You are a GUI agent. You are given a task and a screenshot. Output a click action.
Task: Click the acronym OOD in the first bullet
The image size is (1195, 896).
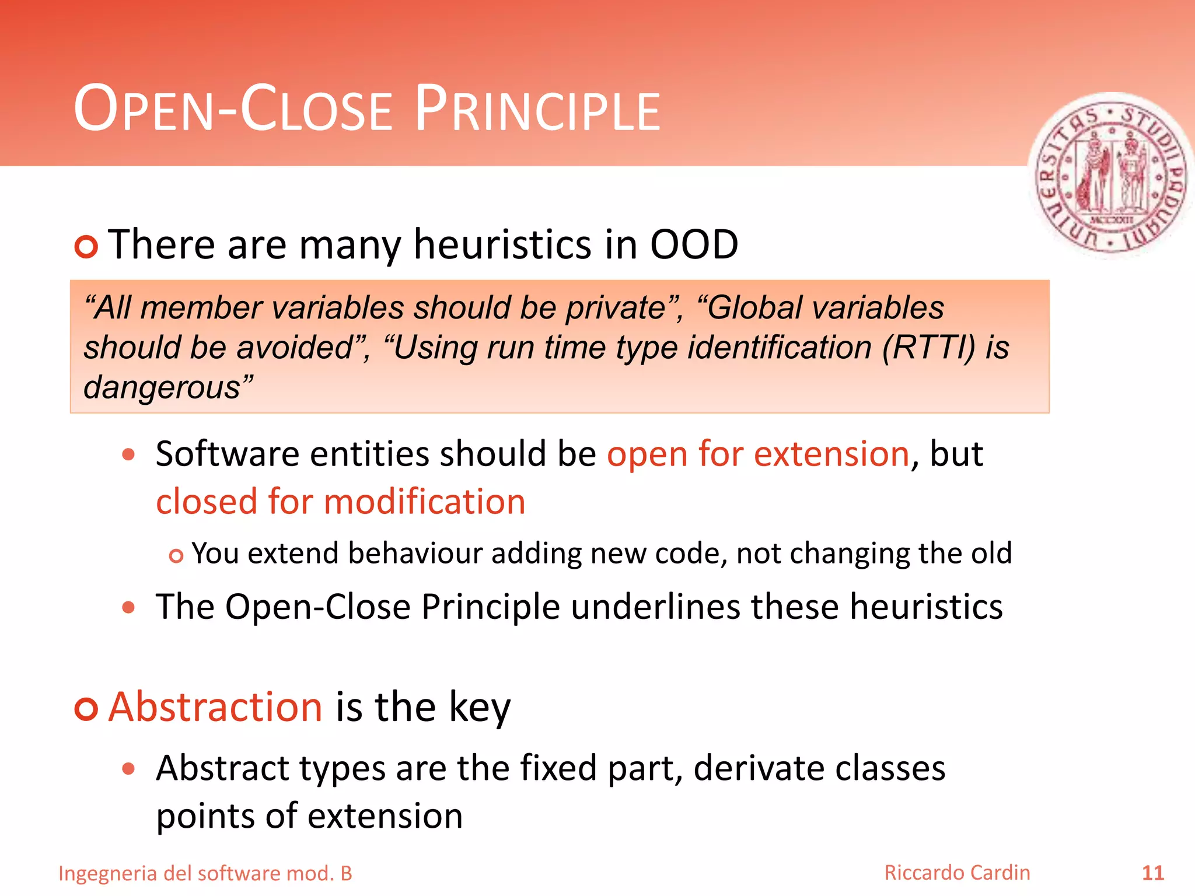[694, 244]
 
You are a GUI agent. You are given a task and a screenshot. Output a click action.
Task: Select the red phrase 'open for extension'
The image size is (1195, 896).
[758, 454]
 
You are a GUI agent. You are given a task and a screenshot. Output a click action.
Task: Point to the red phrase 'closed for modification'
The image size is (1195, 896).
[340, 502]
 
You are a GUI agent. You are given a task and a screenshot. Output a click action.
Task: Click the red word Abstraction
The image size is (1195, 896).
[215, 706]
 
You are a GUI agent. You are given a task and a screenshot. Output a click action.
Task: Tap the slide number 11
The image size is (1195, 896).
[1152, 873]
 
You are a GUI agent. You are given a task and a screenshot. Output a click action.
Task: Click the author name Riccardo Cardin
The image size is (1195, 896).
[957, 873]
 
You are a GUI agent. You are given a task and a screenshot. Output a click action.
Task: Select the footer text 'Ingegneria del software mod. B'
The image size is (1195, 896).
[205, 873]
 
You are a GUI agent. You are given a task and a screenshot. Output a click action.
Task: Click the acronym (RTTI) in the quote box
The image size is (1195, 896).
[928, 347]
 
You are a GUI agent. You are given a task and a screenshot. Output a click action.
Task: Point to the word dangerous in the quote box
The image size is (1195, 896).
[162, 387]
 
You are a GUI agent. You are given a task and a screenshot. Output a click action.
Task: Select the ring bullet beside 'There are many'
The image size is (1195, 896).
[86, 247]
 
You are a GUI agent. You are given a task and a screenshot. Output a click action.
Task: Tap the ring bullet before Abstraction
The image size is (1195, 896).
[86, 709]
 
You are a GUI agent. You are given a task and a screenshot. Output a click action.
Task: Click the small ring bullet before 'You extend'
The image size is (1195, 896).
[176, 556]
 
